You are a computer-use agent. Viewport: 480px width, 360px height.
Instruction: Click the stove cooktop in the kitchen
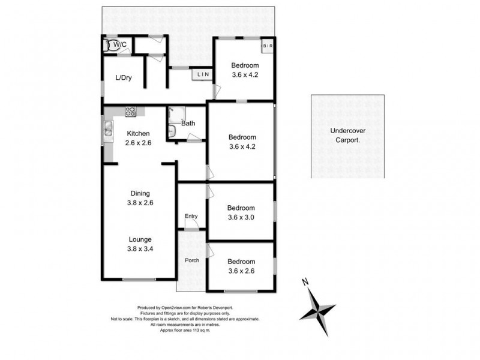point(131,111)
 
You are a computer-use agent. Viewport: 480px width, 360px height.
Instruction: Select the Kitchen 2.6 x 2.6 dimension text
point(137,143)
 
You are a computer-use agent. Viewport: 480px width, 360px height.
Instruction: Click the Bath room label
point(188,124)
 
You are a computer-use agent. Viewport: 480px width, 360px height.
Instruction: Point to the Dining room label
point(140,193)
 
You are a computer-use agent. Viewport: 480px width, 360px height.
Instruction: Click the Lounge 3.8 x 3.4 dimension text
point(140,249)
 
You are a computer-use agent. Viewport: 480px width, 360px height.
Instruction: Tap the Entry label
point(191,216)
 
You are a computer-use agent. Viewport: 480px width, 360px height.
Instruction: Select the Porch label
point(191,260)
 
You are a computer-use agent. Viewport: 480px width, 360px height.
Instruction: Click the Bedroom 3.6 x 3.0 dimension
point(241,218)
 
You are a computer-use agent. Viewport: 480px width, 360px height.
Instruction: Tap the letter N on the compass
point(304,282)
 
